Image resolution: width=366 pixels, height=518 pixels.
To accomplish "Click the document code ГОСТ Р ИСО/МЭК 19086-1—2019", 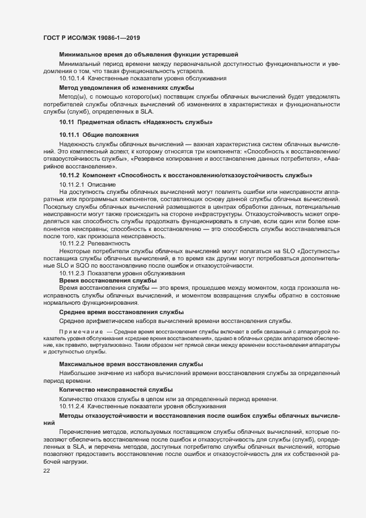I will tap(91, 38).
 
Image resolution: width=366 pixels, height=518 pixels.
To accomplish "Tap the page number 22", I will tap(47, 470).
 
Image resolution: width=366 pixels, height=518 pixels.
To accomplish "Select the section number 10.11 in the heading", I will tap(66, 121).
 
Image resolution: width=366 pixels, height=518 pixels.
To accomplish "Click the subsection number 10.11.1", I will tap(70, 135).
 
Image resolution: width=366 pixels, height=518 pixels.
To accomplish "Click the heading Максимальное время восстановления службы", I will tap(131, 364).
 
